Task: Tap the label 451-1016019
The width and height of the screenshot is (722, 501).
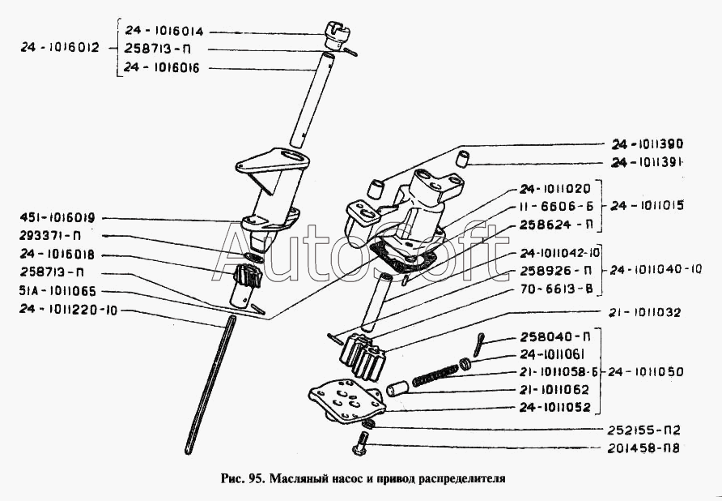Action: [x=55, y=217]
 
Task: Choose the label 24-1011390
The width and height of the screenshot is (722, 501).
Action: [x=648, y=144]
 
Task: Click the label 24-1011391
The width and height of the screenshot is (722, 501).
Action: [x=649, y=162]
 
